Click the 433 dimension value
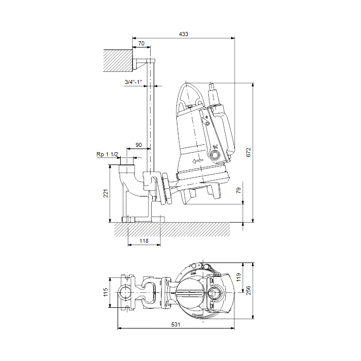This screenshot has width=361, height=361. click(184, 34)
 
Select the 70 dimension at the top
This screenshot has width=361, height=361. click(141, 43)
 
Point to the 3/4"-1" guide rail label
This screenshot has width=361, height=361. click(133, 81)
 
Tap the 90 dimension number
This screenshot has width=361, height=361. click(139, 145)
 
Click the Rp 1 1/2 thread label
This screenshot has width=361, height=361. click(107, 154)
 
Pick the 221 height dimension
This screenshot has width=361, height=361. click(106, 193)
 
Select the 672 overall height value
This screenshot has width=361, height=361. click(249, 153)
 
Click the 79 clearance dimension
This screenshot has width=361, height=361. click(238, 190)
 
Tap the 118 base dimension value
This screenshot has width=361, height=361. click(144, 241)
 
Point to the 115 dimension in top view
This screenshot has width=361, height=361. click(106, 292)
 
